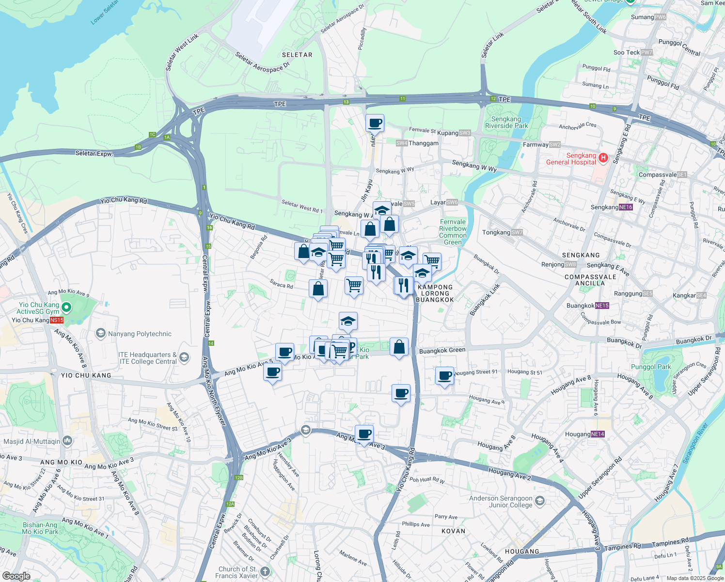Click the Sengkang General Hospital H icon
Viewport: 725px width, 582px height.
pyautogui.click(x=603, y=157)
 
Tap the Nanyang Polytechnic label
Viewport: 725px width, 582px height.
pyautogui.click(x=140, y=334)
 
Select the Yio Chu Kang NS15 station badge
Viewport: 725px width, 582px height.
pyautogui.click(x=57, y=320)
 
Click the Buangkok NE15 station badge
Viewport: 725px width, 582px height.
pyautogui.click(x=602, y=306)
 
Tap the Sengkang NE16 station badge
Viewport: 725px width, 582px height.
pyautogui.click(x=626, y=207)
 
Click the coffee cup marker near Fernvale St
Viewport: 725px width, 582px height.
pyautogui.click(x=375, y=123)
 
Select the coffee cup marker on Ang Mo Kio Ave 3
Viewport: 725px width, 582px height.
pyautogui.click(x=364, y=434)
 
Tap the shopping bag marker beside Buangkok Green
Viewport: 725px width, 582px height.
pyautogui.click(x=399, y=347)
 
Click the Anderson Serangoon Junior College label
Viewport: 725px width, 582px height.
pyautogui.click(x=501, y=501)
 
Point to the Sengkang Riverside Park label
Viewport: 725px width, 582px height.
pyautogui.click(x=506, y=122)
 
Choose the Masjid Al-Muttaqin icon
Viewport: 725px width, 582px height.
pyautogui.click(x=67, y=441)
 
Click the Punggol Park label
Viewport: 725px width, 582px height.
pyautogui.click(x=651, y=367)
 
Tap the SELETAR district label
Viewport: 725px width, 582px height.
pyautogui.click(x=297, y=55)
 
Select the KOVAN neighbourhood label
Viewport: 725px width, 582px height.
pyautogui.click(x=453, y=531)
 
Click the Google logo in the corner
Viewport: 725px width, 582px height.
pyautogui.click(x=16, y=576)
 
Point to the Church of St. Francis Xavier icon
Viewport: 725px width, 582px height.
pyautogui.click(x=265, y=571)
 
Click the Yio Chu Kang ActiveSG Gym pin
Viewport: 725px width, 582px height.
pyautogui.click(x=67, y=307)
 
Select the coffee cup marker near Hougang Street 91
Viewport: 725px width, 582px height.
pyautogui.click(x=444, y=376)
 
